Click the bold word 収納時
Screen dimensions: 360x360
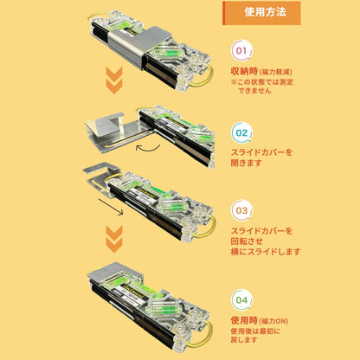(246, 72)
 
